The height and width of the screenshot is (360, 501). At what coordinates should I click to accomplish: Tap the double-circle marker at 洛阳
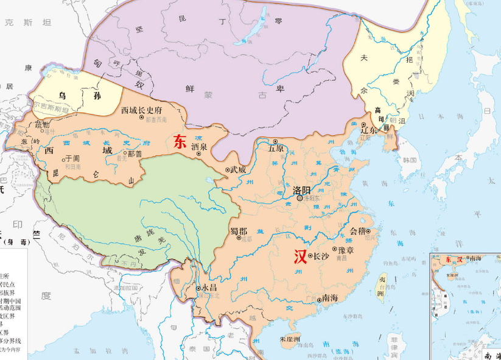pos(300,198)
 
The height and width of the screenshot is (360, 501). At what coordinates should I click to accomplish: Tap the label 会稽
pos(359,231)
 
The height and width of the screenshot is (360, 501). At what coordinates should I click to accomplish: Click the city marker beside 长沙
pos(310,256)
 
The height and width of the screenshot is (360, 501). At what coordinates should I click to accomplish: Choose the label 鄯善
pos(135,154)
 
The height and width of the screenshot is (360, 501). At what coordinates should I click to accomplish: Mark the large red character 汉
pos(300,256)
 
